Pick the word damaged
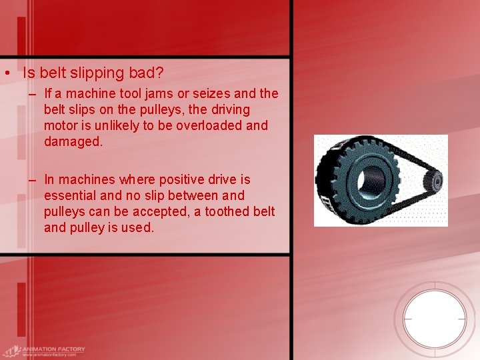[73, 141]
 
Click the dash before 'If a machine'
[33, 93]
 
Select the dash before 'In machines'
[33, 179]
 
